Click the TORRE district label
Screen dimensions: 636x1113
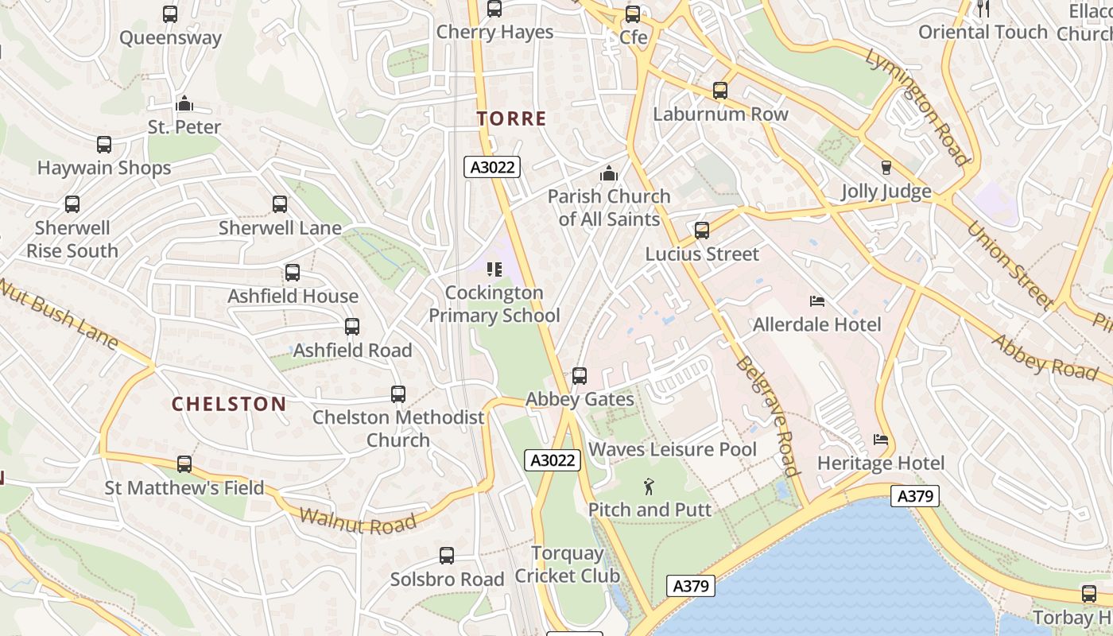tap(511, 119)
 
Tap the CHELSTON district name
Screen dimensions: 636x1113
tap(229, 404)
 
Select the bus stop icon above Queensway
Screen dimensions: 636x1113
tap(170, 14)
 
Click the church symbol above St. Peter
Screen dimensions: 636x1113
tap(184, 103)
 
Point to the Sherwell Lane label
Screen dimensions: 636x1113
tap(280, 228)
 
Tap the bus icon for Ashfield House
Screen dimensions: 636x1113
tap(293, 273)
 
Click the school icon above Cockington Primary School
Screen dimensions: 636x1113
tap(494, 270)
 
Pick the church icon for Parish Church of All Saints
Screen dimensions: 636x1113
tap(609, 173)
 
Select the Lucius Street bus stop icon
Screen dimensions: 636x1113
tap(702, 231)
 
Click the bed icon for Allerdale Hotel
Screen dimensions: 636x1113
tap(816, 301)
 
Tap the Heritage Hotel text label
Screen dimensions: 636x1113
tap(881, 463)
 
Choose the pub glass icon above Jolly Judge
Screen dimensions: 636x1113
tap(886, 168)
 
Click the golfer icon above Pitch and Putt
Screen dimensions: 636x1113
tap(650, 486)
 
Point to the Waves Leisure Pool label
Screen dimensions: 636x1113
tap(673, 450)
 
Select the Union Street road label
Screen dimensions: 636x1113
tap(1010, 265)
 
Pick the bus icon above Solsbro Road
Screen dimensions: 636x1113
tap(447, 556)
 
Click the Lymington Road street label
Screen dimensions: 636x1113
tap(918, 107)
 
